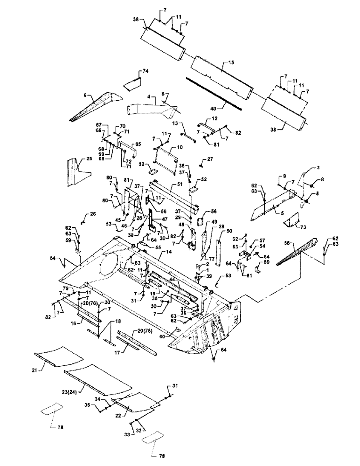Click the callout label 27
210,160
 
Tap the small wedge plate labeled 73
292,218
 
